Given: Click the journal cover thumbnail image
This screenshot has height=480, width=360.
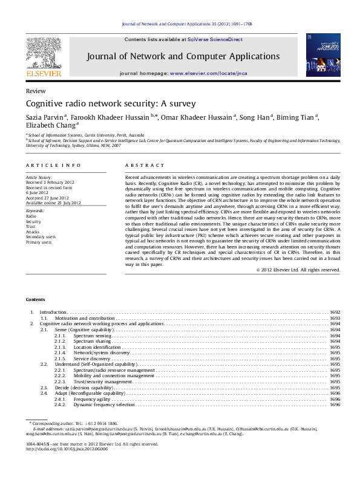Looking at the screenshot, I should coord(319,56).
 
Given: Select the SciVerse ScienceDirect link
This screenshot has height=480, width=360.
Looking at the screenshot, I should coord(215,39).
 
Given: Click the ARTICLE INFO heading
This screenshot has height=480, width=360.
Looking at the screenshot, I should coord(53,165).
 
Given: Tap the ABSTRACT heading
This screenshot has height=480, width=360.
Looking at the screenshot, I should coord(145,165).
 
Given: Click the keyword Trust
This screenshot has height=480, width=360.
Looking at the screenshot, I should coord(31,225).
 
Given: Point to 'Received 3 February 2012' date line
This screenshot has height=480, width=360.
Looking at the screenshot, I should coord(50,182).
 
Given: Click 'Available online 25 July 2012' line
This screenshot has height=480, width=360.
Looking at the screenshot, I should coord(53,203).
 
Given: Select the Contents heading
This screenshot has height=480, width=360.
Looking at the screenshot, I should coord(35,300).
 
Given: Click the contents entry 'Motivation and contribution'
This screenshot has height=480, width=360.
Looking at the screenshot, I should coord(84,317).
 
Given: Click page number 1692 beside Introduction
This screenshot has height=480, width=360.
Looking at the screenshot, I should coord(335,312).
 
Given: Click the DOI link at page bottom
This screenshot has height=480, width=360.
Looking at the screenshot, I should coord(67,449).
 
